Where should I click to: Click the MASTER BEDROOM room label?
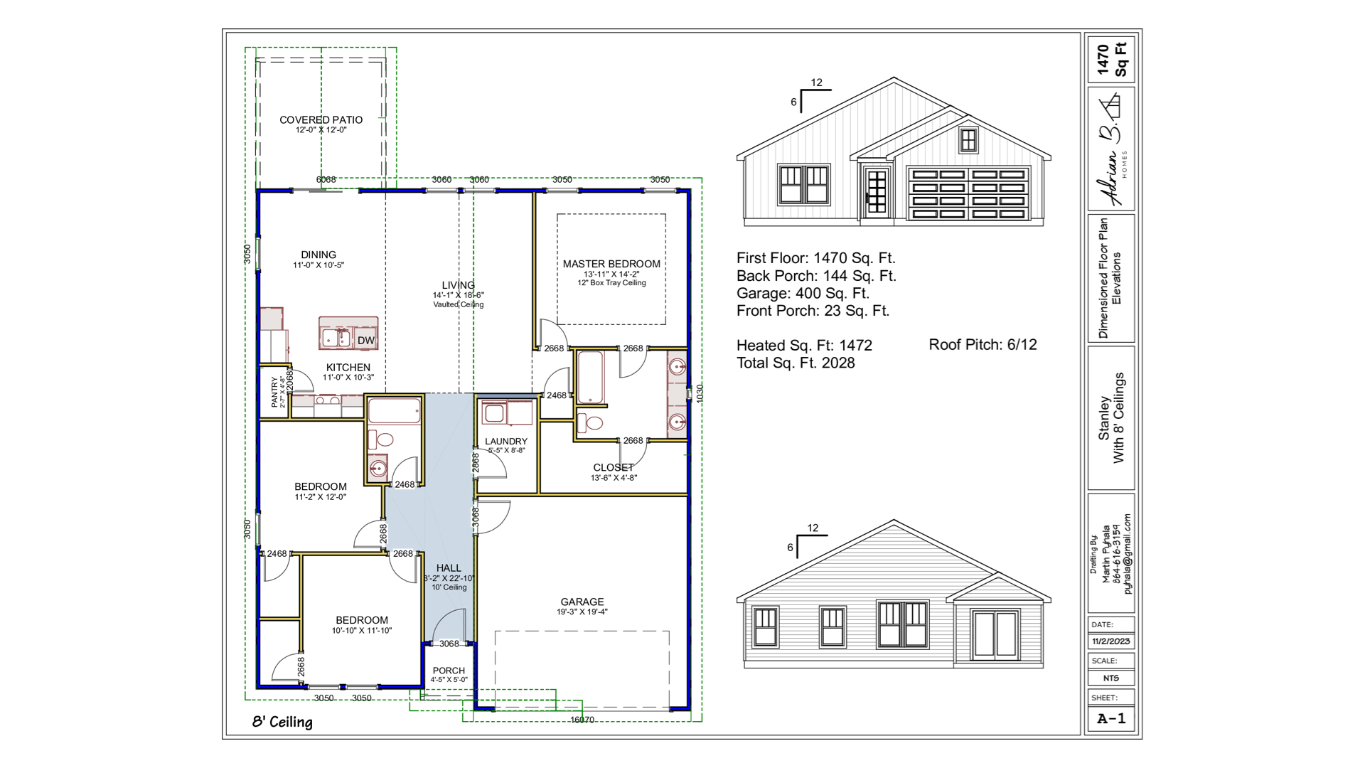point(611,264)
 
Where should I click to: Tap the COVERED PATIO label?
point(321,120)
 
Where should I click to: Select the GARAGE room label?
point(582,602)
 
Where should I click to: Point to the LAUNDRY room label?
point(506,442)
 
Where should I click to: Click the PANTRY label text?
point(275,392)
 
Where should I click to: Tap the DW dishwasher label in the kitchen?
point(365,341)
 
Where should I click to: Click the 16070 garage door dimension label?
point(582,720)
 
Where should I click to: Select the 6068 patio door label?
point(326,180)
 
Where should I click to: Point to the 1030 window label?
point(700,393)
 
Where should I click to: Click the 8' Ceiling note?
point(282,722)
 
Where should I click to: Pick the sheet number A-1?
point(1111,718)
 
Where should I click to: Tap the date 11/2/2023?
point(1110,641)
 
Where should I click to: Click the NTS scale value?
point(1110,678)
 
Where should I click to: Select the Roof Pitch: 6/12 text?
point(983,345)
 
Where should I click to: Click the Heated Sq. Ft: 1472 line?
point(804,346)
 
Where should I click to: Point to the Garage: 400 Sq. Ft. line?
point(803,293)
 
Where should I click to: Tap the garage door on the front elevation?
point(968,194)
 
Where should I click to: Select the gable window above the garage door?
point(968,140)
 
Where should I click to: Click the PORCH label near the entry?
point(449,671)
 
